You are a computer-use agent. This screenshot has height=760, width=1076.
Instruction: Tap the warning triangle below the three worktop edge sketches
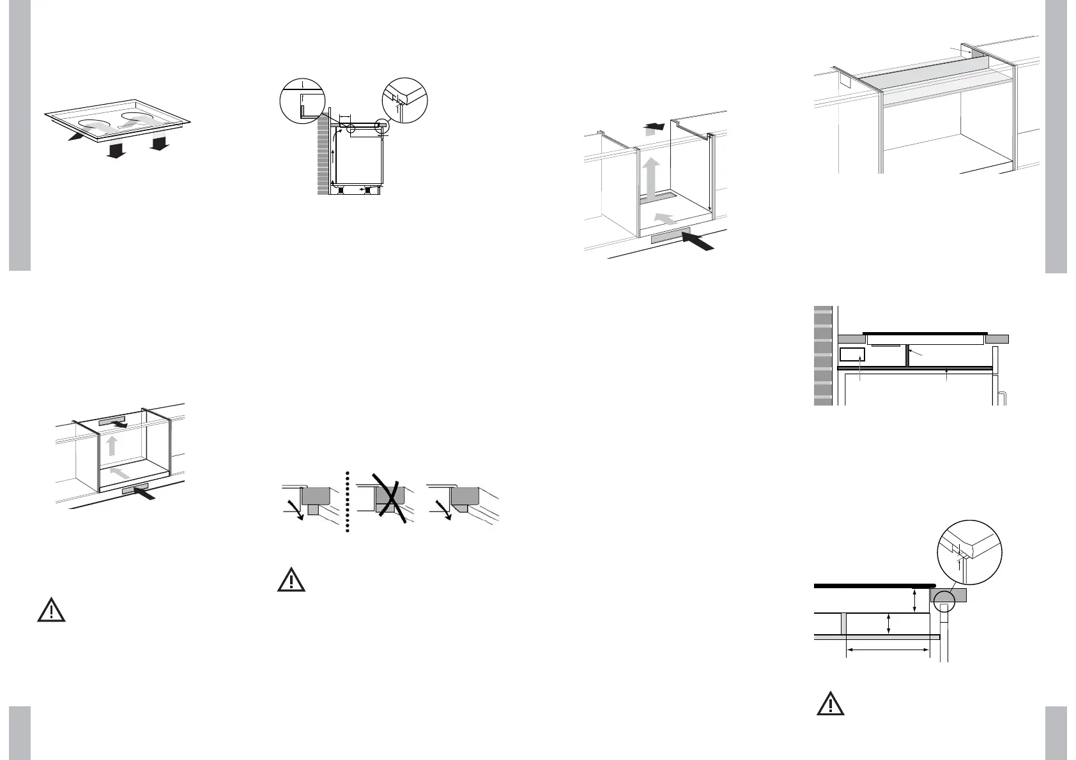[x=291, y=580]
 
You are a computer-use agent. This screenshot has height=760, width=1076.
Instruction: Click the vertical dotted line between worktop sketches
[x=347, y=502]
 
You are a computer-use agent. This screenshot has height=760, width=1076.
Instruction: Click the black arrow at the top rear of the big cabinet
[x=654, y=126]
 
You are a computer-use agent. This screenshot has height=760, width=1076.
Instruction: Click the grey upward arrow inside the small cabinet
[x=112, y=446]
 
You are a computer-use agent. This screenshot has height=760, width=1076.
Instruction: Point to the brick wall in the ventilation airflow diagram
[x=323, y=156]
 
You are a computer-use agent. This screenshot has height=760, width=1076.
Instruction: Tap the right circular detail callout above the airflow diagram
[x=404, y=101]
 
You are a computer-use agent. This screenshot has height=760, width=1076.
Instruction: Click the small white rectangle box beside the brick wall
[x=852, y=355]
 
